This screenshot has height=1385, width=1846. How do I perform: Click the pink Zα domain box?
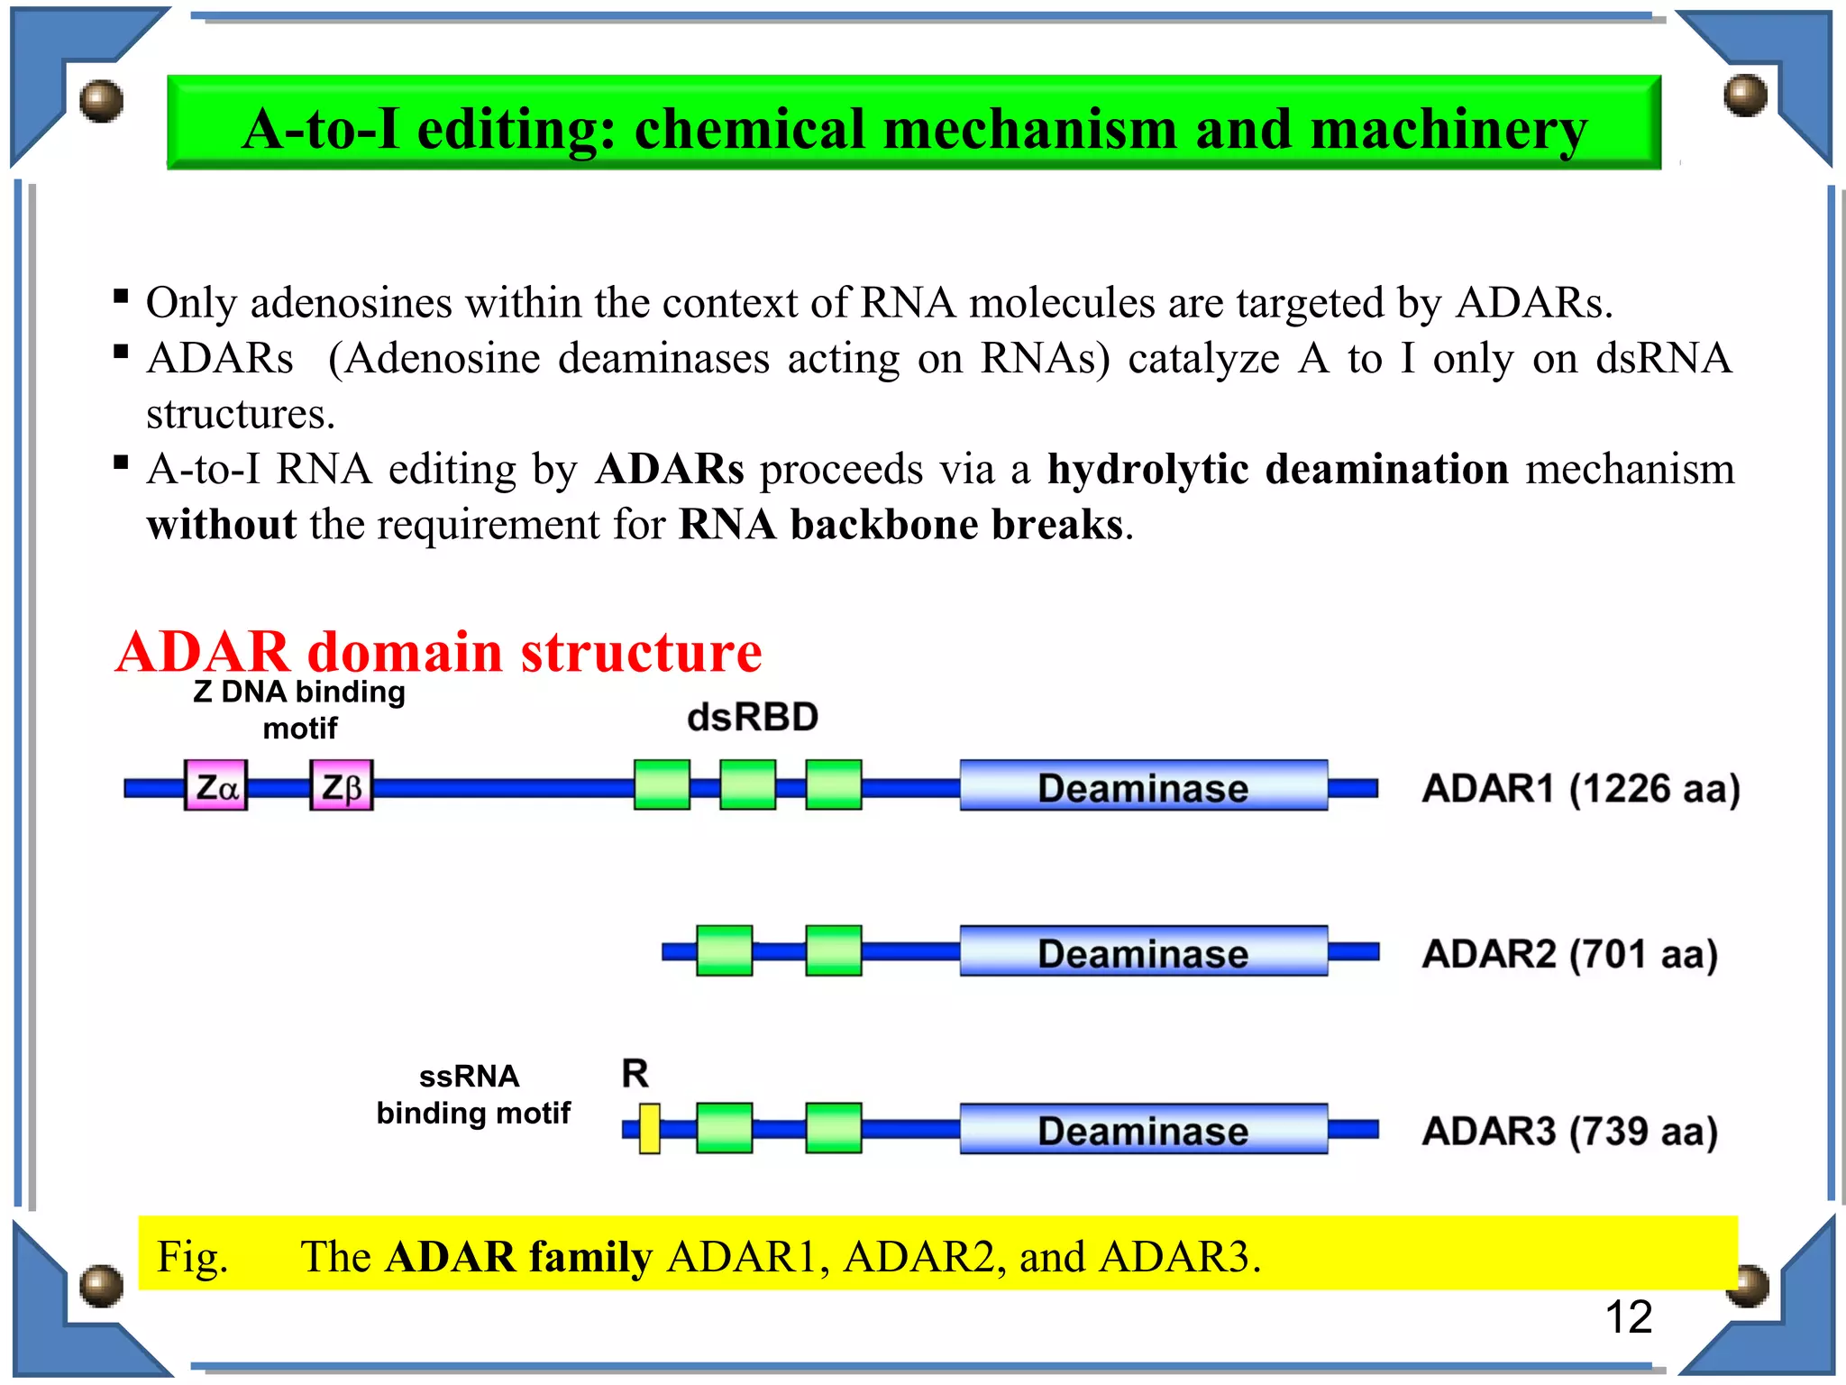pos(215,785)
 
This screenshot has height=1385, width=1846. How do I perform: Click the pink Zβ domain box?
pos(341,785)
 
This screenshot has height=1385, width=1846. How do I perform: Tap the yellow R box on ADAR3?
pos(649,1128)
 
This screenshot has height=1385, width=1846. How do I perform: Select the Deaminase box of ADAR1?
pos(1142,785)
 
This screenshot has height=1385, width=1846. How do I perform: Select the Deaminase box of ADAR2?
pos(1142,951)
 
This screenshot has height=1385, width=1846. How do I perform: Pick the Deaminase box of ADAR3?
pos(1142,1129)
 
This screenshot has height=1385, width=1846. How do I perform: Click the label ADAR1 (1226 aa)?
pos(1580,788)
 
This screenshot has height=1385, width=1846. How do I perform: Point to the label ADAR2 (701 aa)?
pos(1569,953)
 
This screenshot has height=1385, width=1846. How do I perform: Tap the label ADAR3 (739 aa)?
pos(1569,1131)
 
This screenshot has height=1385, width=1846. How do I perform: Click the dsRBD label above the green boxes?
pos(752,718)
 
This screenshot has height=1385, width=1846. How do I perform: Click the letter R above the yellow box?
pos(635,1073)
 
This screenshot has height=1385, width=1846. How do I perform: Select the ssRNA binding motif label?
pos(472,1095)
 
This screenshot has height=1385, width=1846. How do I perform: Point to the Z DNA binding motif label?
pos(299,710)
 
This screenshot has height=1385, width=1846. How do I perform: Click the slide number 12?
pos(1628,1317)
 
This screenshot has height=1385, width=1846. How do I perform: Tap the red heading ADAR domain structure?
pos(438,652)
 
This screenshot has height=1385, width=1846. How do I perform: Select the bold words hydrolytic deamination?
pos(1277,469)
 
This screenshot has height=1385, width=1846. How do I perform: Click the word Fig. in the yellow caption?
pos(192,1256)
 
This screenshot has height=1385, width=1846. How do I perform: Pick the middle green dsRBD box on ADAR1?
pos(747,784)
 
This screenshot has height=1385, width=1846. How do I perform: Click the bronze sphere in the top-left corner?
pos(101,100)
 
